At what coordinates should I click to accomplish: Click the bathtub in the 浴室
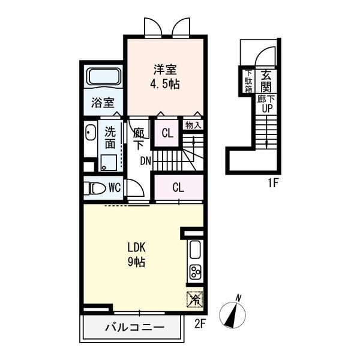pyautogui.click(x=104, y=77)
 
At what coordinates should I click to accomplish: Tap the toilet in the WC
pyautogui.click(x=94, y=188)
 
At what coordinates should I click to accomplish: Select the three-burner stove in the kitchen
pyautogui.click(x=196, y=272)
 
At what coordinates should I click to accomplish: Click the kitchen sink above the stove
pyautogui.click(x=196, y=250)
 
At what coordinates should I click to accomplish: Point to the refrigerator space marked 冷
pyautogui.click(x=195, y=299)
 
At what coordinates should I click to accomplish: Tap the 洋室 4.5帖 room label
pyautogui.click(x=165, y=77)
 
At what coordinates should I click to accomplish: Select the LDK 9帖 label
pyautogui.click(x=136, y=255)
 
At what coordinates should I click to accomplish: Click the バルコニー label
pyautogui.click(x=135, y=327)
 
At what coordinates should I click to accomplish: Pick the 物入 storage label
pyautogui.click(x=193, y=125)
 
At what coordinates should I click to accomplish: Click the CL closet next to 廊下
pyautogui.click(x=167, y=133)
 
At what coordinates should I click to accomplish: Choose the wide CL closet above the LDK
pyautogui.click(x=179, y=187)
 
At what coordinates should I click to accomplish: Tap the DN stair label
pyautogui.click(x=146, y=161)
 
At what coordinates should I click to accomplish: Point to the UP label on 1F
pyautogui.click(x=267, y=108)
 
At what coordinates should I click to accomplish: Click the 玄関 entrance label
pyautogui.click(x=266, y=81)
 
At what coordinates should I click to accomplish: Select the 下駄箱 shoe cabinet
pyautogui.click(x=248, y=81)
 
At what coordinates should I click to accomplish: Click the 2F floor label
pyautogui.click(x=200, y=324)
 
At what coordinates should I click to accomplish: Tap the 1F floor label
pyautogui.click(x=274, y=183)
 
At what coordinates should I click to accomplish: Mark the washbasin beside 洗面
pyautogui.click(x=91, y=133)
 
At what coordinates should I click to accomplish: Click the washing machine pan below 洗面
pyautogui.click(x=109, y=163)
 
